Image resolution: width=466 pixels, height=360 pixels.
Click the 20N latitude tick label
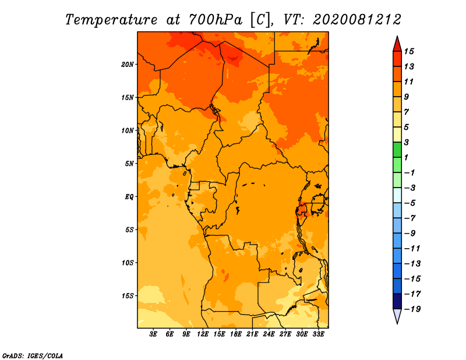127,65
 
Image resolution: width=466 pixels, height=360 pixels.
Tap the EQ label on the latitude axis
129,197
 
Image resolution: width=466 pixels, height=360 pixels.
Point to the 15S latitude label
127,296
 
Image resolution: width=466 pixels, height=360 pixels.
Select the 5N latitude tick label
129,164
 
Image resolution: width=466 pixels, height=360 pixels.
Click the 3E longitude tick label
153,334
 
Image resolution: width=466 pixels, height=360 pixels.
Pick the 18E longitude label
236,334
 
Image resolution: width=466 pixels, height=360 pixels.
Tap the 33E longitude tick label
318,334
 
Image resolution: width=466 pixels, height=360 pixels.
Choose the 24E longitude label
269,334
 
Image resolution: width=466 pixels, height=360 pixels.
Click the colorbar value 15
409,51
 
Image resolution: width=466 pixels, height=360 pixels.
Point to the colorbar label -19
412,309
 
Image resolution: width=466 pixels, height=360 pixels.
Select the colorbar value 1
406,157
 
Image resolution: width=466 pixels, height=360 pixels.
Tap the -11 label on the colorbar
412,249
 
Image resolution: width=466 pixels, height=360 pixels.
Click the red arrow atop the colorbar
397,45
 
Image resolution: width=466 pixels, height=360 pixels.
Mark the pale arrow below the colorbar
397,315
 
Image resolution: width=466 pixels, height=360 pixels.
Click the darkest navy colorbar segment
397,301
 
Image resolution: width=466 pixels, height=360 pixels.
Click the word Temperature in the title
111,20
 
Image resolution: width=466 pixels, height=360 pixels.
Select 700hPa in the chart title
216,20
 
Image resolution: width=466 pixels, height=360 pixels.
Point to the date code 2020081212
357,20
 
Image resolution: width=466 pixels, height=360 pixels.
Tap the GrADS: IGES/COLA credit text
33,356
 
